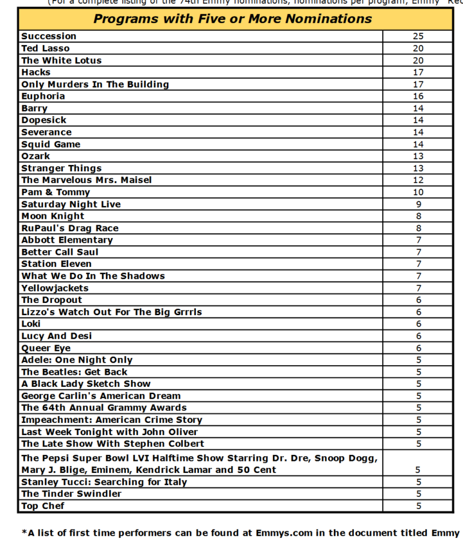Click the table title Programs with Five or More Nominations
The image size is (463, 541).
[x=233, y=19]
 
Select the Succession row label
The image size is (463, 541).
[x=49, y=36]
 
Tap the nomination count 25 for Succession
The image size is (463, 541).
[x=418, y=36]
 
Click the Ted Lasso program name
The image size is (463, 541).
[x=45, y=48]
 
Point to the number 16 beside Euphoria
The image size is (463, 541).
[x=418, y=96]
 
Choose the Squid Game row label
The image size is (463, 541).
[x=51, y=145]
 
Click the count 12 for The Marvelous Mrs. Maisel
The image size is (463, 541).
[x=418, y=180]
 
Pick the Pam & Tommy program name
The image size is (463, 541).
[x=55, y=192]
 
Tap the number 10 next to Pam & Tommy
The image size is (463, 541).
[x=418, y=192]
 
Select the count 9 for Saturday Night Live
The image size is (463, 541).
[x=418, y=204]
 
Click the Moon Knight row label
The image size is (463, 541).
[x=52, y=216]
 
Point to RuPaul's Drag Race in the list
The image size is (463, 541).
[x=70, y=228]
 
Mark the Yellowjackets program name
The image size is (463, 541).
[x=55, y=288]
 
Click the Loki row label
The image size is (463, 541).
[x=31, y=324]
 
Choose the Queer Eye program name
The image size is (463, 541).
[x=46, y=348]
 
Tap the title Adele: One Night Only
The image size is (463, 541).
[x=77, y=360]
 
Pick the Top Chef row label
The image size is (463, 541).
[x=43, y=506]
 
